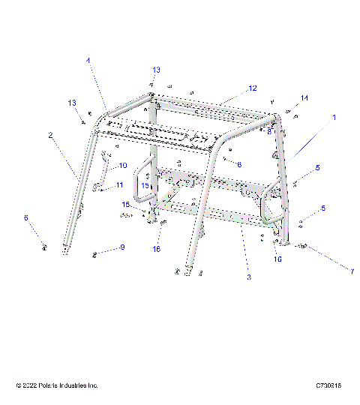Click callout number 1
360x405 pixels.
tap(334, 118)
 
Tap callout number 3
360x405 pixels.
tap(249, 277)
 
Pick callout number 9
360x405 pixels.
tap(122, 247)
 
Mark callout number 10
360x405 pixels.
tap(123, 165)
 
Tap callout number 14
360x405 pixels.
tap(304, 98)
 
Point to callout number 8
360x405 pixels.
tap(268, 130)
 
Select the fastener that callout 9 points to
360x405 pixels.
tap(95, 253)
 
